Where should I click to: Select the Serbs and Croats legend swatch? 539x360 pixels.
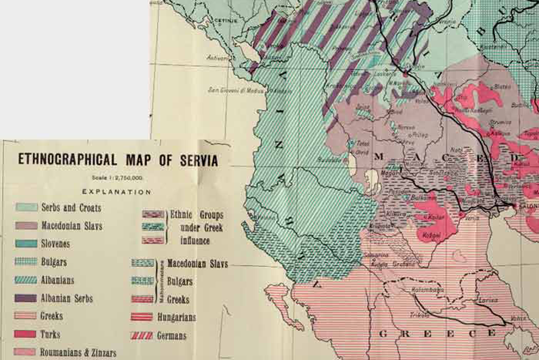click(26, 207)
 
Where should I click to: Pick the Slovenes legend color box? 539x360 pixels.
click(26, 243)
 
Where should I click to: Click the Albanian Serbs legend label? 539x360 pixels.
click(67, 298)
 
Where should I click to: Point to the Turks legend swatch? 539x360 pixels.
click(26, 334)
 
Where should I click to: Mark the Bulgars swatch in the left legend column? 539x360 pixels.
click(26, 262)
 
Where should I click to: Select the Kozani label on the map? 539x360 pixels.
click(431, 234)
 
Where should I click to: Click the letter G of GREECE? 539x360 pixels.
click(381, 334)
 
